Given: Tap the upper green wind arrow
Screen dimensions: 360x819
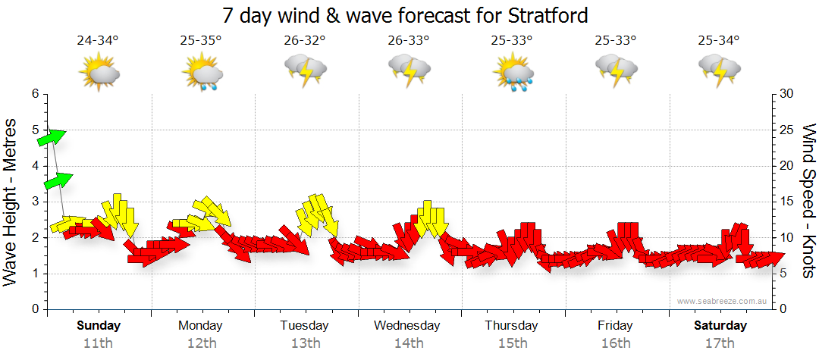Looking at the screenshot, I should coord(52,137).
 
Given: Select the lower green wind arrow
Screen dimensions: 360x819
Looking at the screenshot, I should coord(58,180).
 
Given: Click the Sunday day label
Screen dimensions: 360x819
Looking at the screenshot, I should coord(99,325).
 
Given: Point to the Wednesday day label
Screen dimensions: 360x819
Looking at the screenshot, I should coord(407,325).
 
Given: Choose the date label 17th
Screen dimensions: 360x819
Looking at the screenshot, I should coord(720,343).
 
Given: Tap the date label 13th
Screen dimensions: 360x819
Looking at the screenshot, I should coord(304,343).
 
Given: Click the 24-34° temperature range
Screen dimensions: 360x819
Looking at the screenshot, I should coord(98,41).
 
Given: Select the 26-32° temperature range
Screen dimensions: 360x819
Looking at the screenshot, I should coord(304,41).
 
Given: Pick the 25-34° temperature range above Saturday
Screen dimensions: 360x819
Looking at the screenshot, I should coord(719,41).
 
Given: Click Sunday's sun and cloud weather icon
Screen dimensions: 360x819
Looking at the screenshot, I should coord(99,73).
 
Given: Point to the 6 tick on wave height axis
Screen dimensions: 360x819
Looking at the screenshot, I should coord(35,94).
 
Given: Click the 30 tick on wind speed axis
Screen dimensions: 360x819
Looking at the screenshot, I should coord(787,94).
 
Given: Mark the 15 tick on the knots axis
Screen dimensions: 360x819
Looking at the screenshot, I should coord(786,202).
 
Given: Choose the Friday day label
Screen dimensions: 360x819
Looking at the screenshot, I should coord(615,325).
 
